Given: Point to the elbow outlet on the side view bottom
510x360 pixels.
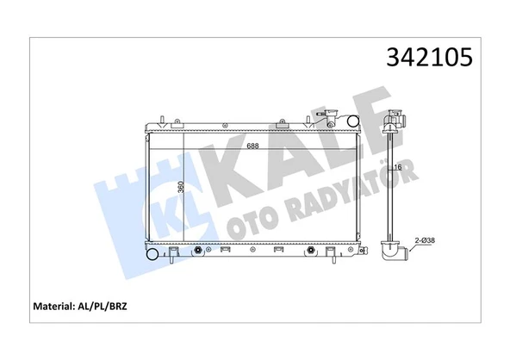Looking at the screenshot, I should point(395,255).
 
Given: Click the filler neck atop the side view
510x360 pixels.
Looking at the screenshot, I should point(396,117).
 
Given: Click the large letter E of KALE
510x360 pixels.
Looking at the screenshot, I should point(365,137).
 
